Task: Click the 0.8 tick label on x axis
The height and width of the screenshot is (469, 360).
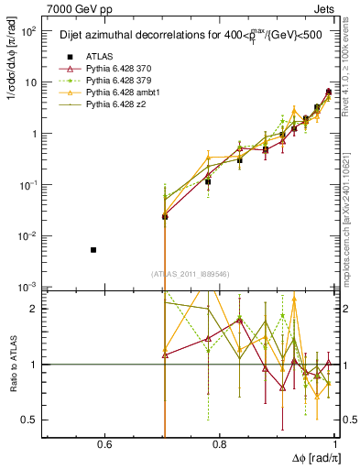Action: coord(220,445)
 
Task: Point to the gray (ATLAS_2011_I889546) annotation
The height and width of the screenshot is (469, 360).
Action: coord(190,274)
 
